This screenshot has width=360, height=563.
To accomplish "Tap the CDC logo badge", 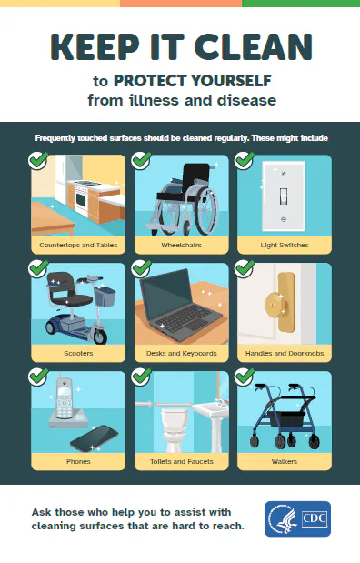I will pyautogui.click(x=297, y=519).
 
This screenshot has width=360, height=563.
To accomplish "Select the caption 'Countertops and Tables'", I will pyautogui.click(x=77, y=246).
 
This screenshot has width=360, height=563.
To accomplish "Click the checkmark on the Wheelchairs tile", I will pyautogui.click(x=141, y=161).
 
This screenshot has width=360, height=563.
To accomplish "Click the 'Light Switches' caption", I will pyautogui.click(x=283, y=246).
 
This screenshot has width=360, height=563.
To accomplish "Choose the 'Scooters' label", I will pyautogui.click(x=77, y=353).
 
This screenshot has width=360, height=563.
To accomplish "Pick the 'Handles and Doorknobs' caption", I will pyautogui.click(x=283, y=353).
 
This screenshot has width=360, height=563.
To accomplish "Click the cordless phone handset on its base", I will pyautogui.click(x=63, y=398).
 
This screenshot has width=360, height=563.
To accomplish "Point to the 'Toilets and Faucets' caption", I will pyautogui.click(x=180, y=461).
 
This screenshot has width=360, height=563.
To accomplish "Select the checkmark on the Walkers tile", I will pyautogui.click(x=244, y=376).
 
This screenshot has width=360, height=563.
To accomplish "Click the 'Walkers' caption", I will pyautogui.click(x=283, y=461).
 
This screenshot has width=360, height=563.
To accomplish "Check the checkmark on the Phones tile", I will pyautogui.click(x=38, y=376).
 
